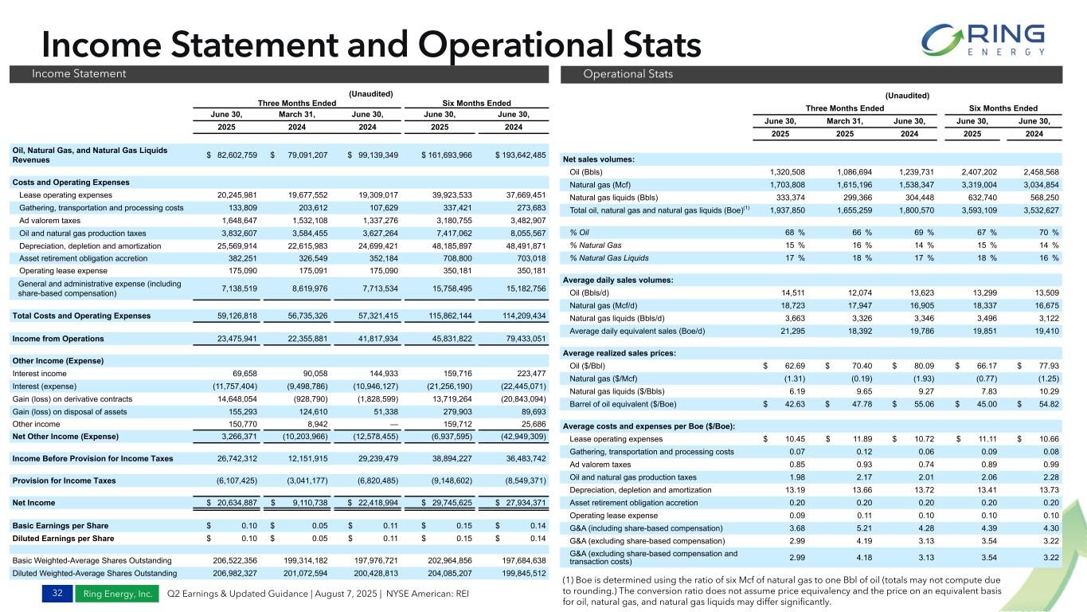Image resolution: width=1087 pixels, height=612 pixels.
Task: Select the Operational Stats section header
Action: coord(617,74)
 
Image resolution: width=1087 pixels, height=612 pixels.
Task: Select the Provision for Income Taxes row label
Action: coord(64,481)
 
